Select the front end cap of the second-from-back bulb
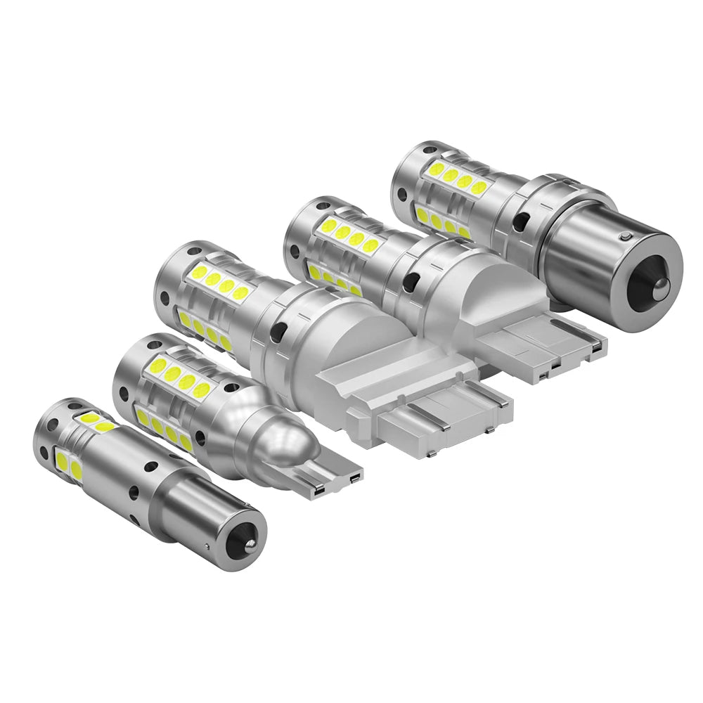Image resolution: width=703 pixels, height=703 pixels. click(x=301, y=224)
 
